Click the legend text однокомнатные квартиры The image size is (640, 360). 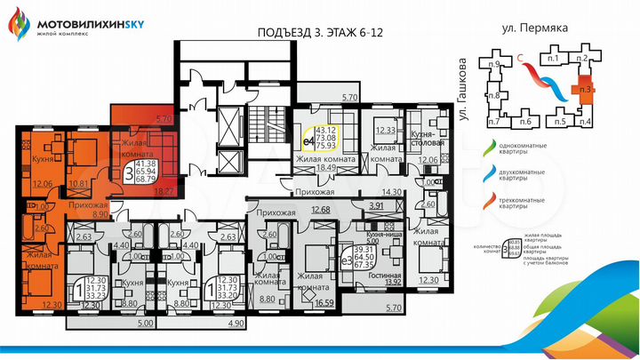pos(536,152)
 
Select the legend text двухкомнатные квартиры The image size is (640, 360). pos(536,175)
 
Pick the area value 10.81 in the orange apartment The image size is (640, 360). pos(79,184)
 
